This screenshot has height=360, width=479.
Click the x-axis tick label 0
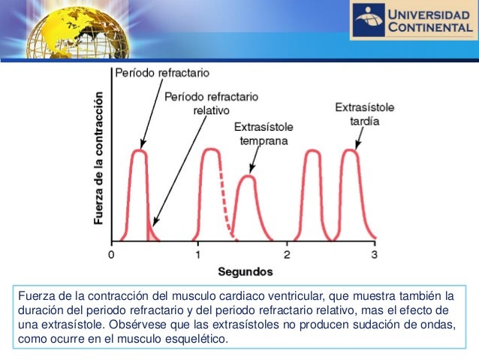(x=111, y=254)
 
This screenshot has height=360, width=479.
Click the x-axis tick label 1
(x=198, y=254)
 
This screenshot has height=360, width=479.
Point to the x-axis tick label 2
(x=287, y=254)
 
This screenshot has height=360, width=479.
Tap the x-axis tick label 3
(x=375, y=254)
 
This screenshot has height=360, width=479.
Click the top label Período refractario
(x=161, y=73)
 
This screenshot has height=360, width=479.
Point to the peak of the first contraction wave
(x=138, y=150)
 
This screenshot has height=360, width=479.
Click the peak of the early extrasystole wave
(x=247, y=177)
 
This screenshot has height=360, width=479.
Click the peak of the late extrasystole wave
(x=349, y=150)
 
